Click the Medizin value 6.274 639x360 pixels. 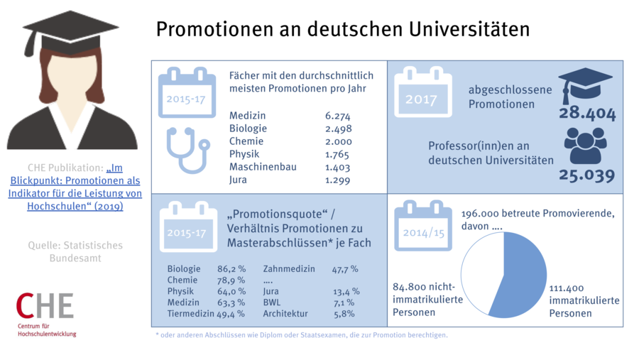coord(337,116)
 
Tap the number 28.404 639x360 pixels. coord(587,114)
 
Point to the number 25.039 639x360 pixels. coord(586,175)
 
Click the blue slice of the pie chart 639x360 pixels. coord(522,273)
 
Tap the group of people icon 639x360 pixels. coord(585,146)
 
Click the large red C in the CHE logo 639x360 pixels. coord(26,305)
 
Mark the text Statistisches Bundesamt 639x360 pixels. coord(76,251)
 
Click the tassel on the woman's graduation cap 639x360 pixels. coord(30,43)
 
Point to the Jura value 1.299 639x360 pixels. coord(337,180)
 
